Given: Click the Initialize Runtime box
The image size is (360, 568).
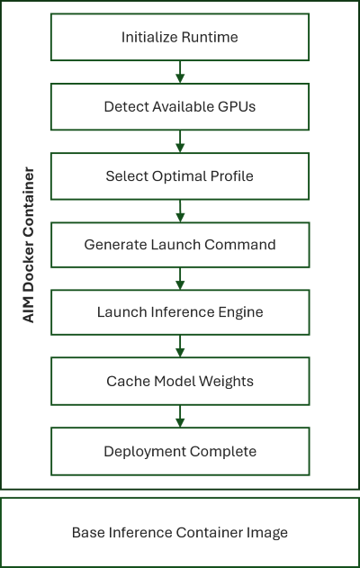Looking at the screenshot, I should click(180, 37).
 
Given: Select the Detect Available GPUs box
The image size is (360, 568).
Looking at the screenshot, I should click(180, 106).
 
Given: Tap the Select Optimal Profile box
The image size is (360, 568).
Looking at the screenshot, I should click(180, 176).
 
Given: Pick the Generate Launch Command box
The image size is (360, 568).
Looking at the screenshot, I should click(180, 244).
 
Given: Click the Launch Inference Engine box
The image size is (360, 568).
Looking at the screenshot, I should click(180, 312).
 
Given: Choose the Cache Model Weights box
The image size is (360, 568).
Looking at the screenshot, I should click(180, 381).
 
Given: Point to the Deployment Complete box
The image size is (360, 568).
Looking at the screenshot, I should click(180, 451).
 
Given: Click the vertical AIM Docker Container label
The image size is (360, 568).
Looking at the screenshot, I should click(29, 245).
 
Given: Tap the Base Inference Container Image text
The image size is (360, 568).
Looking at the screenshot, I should click(180, 533).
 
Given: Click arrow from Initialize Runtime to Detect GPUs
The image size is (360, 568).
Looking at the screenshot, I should click(180, 72).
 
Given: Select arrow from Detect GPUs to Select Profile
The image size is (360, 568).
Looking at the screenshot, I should click(180, 141).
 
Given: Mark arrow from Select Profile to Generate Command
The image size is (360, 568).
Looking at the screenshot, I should click(180, 210).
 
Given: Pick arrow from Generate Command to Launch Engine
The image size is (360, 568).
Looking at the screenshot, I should click(180, 278).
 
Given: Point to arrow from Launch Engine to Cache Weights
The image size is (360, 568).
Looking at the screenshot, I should click(180, 347).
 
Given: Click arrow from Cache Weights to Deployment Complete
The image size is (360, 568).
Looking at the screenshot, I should click(180, 416).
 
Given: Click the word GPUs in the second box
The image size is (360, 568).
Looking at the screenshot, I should click(238, 106).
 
